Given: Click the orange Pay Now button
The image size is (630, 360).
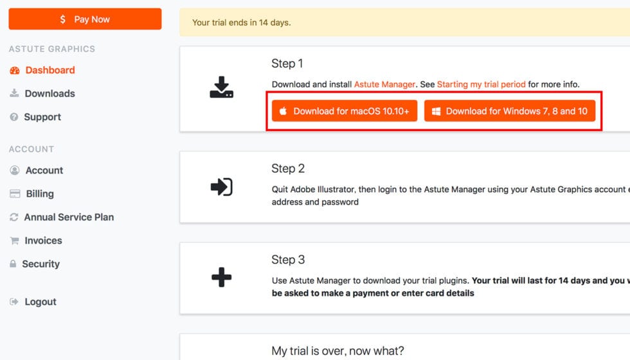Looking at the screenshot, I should [85, 19].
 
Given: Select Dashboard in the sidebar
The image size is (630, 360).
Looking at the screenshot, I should [50, 70].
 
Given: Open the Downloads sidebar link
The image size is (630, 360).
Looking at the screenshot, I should [50, 93].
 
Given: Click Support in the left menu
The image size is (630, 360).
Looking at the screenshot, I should [42, 117].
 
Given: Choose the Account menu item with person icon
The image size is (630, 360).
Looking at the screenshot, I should [44, 170].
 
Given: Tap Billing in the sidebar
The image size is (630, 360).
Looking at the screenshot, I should [39, 194].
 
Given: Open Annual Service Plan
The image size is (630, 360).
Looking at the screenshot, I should [68, 217].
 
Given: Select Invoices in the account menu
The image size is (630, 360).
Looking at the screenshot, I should [43, 240].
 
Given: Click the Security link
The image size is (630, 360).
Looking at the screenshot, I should [40, 264].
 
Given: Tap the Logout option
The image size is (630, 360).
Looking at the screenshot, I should [40, 301].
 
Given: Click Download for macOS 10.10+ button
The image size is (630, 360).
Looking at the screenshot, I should [344, 111].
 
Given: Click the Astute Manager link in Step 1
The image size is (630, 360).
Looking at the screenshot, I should [384, 84].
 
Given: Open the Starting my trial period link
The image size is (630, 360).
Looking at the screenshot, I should [481, 84].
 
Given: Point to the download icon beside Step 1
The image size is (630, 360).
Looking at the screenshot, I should [221, 87].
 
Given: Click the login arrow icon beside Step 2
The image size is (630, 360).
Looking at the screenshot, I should [221, 187].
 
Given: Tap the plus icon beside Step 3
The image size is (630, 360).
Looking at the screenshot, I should [221, 278].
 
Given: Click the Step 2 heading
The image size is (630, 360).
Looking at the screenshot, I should [288, 168].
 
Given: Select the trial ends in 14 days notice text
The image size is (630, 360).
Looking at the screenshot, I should [242, 22].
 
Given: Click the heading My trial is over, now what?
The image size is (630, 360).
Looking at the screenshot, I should [337, 351].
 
